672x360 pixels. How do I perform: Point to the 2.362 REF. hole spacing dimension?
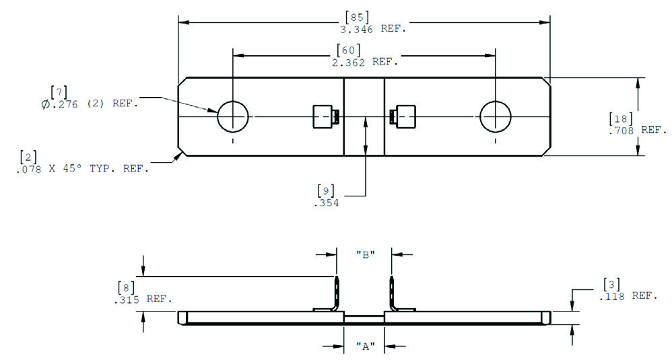tap(364, 61)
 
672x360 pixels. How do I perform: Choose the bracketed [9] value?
tap(326, 190)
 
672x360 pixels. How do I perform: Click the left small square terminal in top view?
tap(324, 118)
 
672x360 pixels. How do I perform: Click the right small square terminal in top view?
tap(404, 118)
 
